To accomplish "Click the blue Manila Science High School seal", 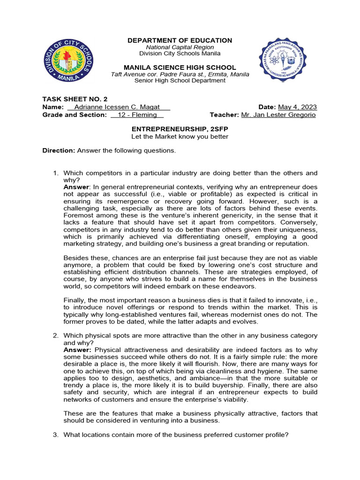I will point(283,59).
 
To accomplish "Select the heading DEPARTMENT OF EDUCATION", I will point(180,41).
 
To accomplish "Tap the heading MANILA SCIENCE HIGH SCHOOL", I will point(180,67).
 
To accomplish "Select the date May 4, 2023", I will point(298,107).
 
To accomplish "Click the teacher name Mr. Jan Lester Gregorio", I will point(278,115).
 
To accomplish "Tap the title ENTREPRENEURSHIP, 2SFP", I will point(180,128).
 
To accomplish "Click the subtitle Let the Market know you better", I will point(180,136).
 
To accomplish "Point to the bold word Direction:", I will point(59,150).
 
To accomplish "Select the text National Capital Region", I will point(180,47).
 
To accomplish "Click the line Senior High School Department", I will point(180,81).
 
